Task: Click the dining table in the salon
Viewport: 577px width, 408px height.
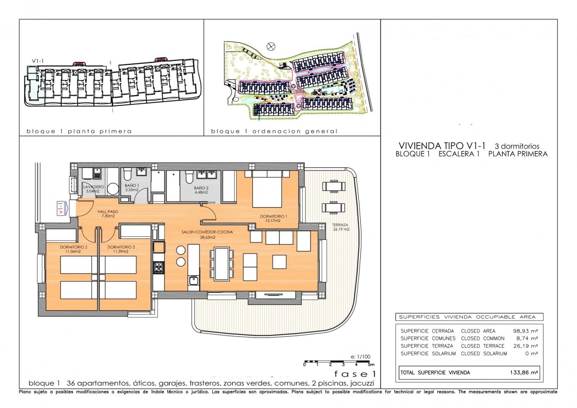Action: [x=222, y=264]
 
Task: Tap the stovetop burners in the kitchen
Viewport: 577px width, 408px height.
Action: [x=159, y=267]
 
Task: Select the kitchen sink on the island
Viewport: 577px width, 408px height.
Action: [x=193, y=281]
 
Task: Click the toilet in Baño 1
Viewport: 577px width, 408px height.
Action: [x=128, y=175]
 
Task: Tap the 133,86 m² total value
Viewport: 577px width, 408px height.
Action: [x=524, y=373]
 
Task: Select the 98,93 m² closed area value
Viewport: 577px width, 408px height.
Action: [x=525, y=331]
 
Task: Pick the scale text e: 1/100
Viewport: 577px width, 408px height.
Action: [x=360, y=357]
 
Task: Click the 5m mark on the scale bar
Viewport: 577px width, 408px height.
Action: [x=371, y=365]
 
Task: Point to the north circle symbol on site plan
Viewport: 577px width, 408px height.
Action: [x=271, y=47]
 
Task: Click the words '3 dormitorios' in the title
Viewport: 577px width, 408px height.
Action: [x=517, y=146]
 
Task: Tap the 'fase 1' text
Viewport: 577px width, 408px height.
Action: [x=355, y=374]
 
